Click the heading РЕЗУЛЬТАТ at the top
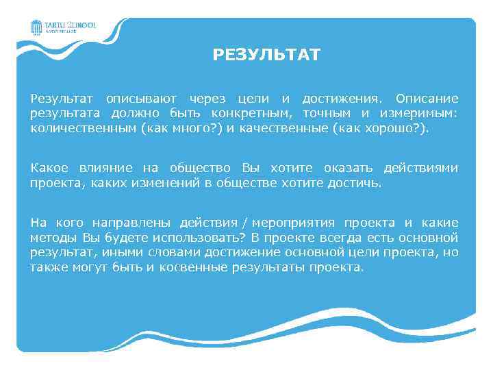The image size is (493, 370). (266, 55)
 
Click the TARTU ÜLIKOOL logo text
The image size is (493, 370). (70, 25)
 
